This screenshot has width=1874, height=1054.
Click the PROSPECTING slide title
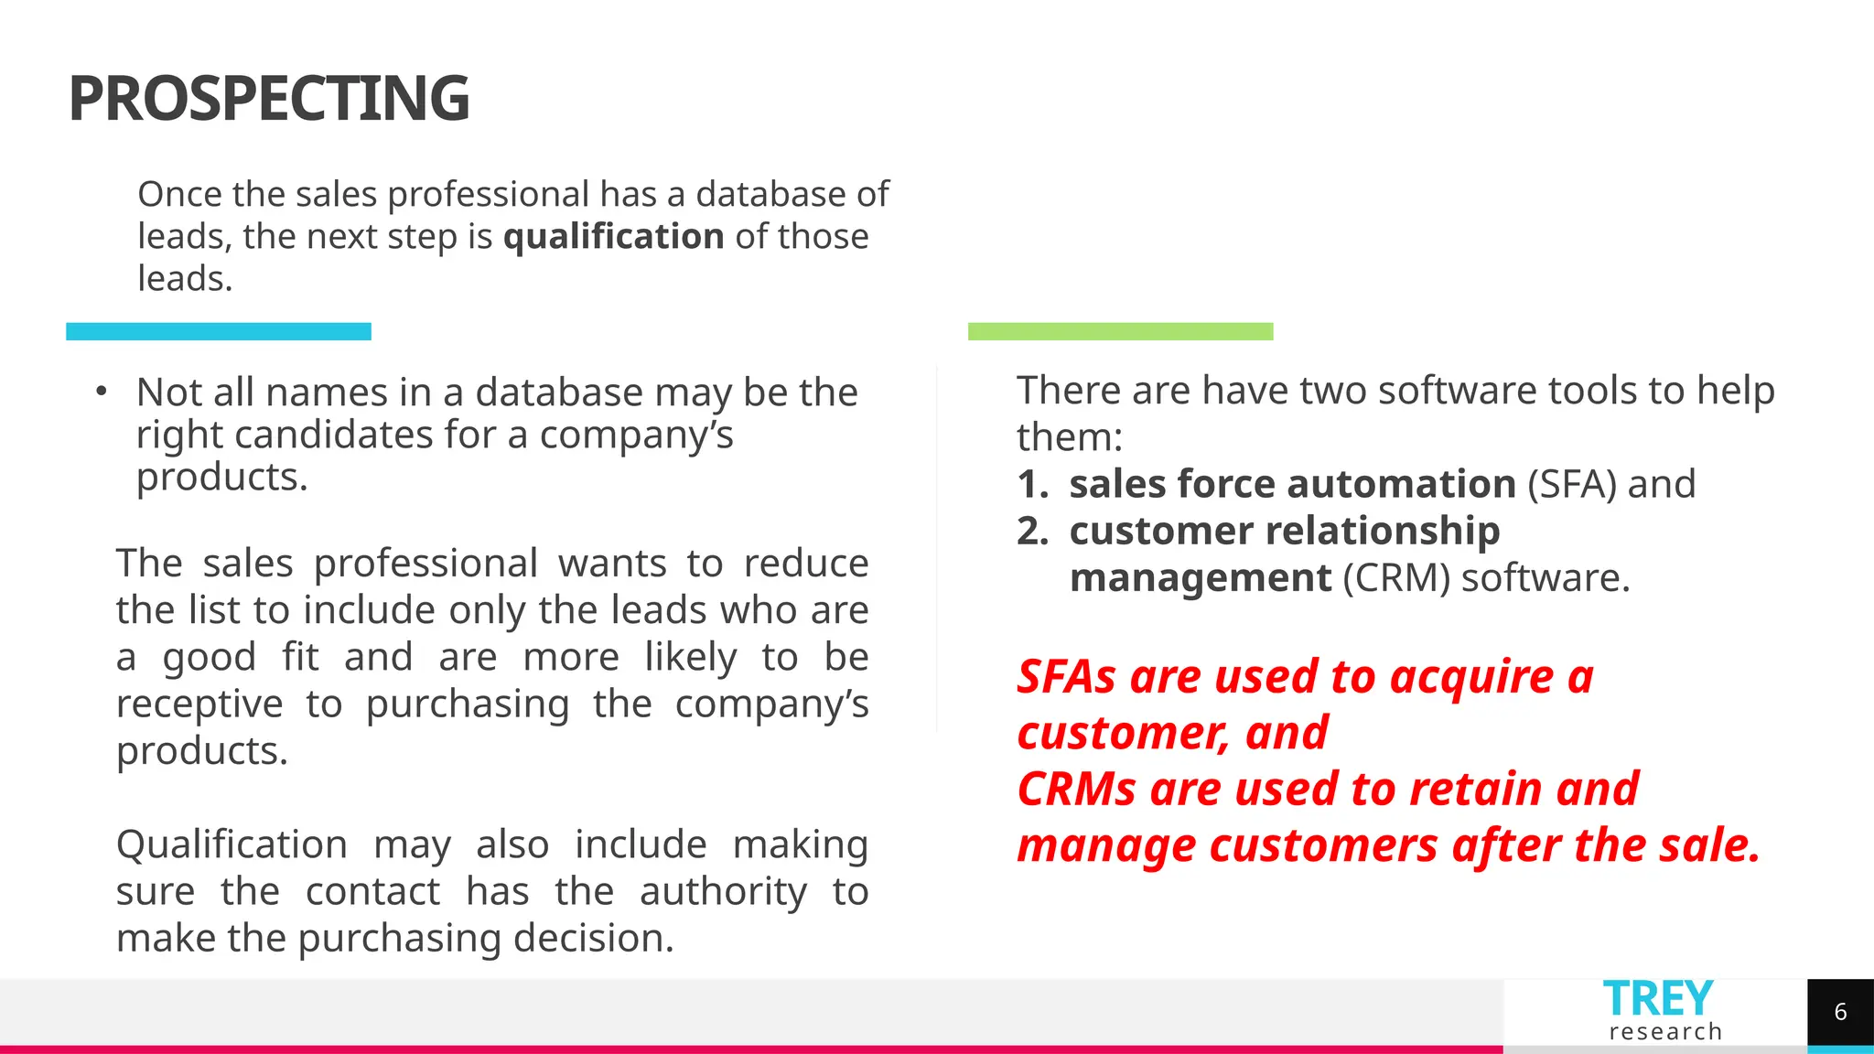tap(268, 99)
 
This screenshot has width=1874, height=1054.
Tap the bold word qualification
tap(613, 237)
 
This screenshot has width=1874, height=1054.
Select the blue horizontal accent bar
tap(219, 331)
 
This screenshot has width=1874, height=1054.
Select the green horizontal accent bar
tap(1120, 331)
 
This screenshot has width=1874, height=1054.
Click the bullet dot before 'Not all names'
tap(102, 393)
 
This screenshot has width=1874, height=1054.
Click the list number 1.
tap(1032, 484)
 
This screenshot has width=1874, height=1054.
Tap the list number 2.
tap(1032, 532)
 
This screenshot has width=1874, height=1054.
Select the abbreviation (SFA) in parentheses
tap(1571, 484)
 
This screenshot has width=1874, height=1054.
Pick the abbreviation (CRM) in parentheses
tap(1395, 578)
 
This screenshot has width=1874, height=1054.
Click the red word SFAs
tap(1066, 677)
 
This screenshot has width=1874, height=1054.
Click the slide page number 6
tap(1840, 1012)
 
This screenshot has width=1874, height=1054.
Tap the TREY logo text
tap(1657, 998)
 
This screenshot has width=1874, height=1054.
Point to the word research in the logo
tap(1665, 1032)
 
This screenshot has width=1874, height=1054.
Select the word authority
tap(723, 892)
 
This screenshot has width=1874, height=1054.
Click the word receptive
tap(199, 704)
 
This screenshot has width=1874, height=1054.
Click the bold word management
tap(1200, 578)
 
